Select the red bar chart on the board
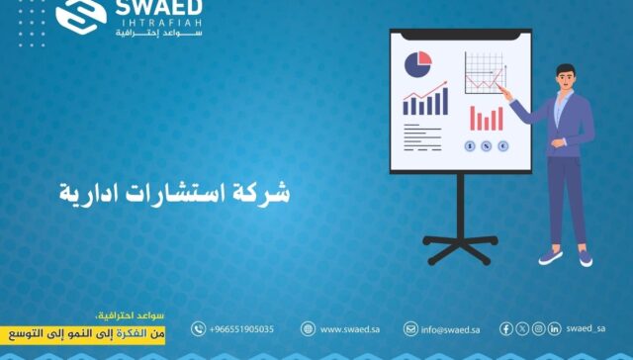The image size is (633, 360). [x=486, y=117]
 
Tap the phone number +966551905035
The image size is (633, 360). [x=241, y=329]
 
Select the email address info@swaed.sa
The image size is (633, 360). [x=450, y=329]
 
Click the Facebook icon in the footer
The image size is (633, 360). [x=506, y=328]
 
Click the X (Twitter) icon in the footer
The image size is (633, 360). [x=522, y=328]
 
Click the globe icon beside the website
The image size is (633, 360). [x=308, y=329]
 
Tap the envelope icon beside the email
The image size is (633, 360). [x=410, y=329]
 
